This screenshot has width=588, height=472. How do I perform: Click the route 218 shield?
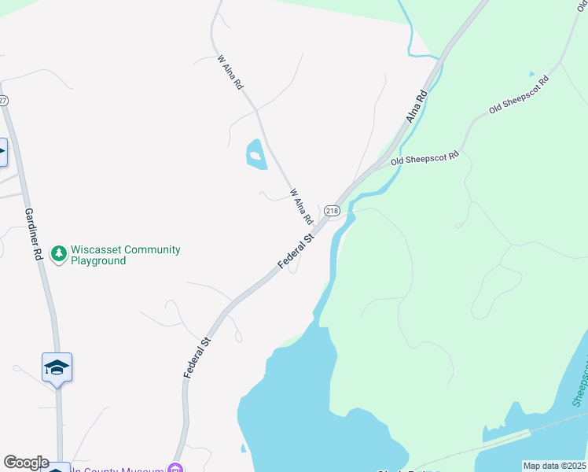[x=332, y=211]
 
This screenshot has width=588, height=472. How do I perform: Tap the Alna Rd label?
[x=417, y=106]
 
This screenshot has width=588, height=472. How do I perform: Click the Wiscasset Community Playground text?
[x=125, y=255]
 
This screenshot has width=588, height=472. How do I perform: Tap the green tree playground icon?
[x=57, y=254]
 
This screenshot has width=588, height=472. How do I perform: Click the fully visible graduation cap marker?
[x=57, y=367]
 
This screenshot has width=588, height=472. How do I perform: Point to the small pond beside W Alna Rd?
[x=255, y=154]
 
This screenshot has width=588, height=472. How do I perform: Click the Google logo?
[x=26, y=463]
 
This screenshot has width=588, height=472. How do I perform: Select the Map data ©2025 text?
[x=554, y=466]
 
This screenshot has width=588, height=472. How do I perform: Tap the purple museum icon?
[x=177, y=470]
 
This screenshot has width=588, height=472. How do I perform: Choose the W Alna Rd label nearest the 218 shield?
[x=301, y=205]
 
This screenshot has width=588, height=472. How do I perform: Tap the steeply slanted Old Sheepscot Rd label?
[x=518, y=94]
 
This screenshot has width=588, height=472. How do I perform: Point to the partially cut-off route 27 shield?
[x=3, y=100]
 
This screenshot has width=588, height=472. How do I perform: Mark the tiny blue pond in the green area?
[x=531, y=74]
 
